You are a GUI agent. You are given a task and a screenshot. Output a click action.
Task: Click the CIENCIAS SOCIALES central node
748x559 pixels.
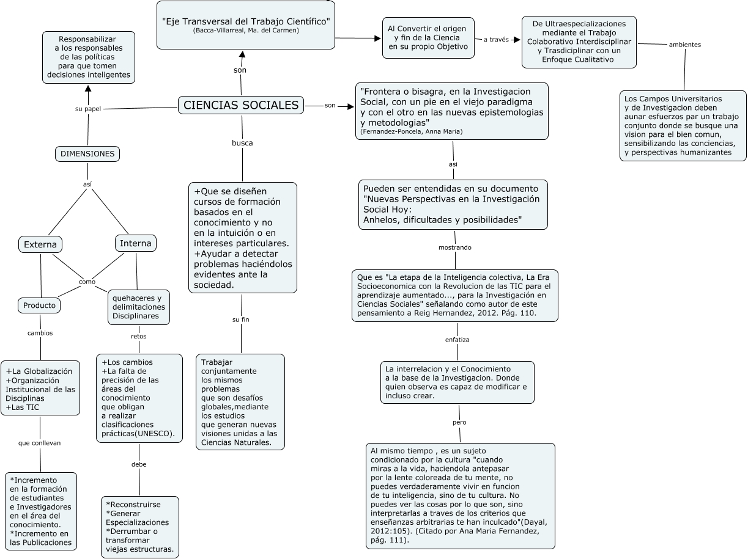pos(241,105)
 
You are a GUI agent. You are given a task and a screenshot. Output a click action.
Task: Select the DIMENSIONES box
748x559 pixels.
pos(87,154)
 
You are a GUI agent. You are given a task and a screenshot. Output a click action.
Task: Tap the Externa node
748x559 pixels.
pos(40,245)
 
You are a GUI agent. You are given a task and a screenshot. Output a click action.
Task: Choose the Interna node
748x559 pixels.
pos(135,243)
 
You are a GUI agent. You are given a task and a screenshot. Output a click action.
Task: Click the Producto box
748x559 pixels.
pos(39,305)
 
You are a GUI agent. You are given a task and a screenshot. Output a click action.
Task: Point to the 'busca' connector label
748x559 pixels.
pos(242,143)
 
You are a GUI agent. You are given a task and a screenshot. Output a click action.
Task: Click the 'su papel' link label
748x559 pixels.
pos(88,109)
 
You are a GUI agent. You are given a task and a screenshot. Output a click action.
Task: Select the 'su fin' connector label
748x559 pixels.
pos(241,320)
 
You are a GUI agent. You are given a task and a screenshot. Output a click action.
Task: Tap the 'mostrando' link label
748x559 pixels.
pos(455,247)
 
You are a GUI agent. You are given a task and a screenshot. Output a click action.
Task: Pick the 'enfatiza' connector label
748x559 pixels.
pos(457,340)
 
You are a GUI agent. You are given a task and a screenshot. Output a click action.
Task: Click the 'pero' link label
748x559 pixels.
pos(459,423)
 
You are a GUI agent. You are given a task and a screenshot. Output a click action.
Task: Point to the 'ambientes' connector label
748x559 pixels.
pos(685,45)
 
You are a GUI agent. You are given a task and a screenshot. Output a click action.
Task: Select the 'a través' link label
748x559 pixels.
pos(496,40)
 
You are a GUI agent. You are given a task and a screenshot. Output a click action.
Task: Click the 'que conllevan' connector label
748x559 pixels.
pos(40,443)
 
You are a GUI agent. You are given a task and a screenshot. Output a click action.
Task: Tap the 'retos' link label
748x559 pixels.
pos(139,336)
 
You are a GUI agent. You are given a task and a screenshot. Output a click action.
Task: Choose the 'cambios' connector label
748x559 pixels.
pos(40,333)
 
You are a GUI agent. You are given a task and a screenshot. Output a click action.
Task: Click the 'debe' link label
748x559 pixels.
pos(139,464)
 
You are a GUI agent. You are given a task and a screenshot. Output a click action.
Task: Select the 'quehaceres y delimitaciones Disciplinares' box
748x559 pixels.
pos(139,307)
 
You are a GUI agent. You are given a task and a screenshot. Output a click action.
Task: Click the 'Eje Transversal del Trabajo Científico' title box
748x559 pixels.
pos(246,25)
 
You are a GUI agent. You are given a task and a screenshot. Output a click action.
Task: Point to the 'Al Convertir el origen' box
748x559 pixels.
pos(428,38)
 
